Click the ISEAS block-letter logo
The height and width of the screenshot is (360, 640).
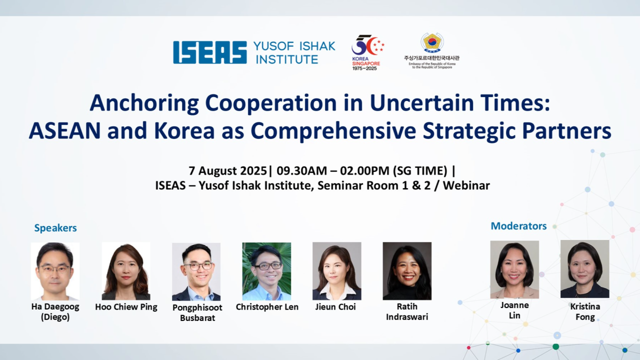(x=210, y=52)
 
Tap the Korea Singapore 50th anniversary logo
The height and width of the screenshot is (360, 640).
(x=367, y=52)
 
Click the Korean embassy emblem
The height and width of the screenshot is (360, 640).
(x=431, y=43)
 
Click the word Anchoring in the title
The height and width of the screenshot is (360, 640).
(x=144, y=103)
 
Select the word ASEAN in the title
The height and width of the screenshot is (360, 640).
(x=64, y=130)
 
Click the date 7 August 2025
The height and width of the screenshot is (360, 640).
(x=227, y=170)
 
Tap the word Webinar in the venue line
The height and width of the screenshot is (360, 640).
(x=466, y=185)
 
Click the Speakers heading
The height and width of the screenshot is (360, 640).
(x=55, y=228)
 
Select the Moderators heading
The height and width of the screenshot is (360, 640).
(x=518, y=226)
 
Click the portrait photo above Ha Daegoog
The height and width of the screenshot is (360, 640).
(x=55, y=271)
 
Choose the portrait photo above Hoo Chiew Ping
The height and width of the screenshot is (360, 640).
(x=126, y=271)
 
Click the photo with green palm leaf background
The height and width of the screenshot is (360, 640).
(x=266, y=271)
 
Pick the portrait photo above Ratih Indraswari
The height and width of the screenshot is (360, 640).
(x=407, y=271)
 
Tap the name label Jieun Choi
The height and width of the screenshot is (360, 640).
(x=335, y=307)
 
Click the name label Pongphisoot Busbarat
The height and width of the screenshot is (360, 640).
(x=197, y=312)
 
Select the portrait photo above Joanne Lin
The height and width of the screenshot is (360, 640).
(x=514, y=269)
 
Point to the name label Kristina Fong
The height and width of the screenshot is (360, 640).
(x=585, y=311)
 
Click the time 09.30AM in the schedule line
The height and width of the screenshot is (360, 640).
(x=301, y=170)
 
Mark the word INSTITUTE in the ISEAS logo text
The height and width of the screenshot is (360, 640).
(x=287, y=59)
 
